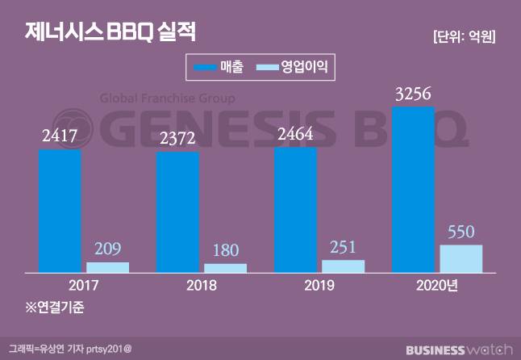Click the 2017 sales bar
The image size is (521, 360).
click(60, 211)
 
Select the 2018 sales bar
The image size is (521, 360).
click(177, 212)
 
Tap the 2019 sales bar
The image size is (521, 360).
click(295, 210)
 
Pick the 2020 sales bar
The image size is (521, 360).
click(413, 190)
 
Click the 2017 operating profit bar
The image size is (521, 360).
click(108, 267)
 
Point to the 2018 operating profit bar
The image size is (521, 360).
click(226, 268)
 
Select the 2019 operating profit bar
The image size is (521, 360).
click(344, 266)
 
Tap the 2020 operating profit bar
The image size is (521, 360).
click(461, 258)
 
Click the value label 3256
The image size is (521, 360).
click(413, 94)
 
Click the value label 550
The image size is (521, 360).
click(461, 232)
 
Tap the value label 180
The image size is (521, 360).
click(226, 250)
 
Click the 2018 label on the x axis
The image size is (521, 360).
click(177, 285)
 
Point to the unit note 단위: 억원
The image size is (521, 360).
click(464, 36)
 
